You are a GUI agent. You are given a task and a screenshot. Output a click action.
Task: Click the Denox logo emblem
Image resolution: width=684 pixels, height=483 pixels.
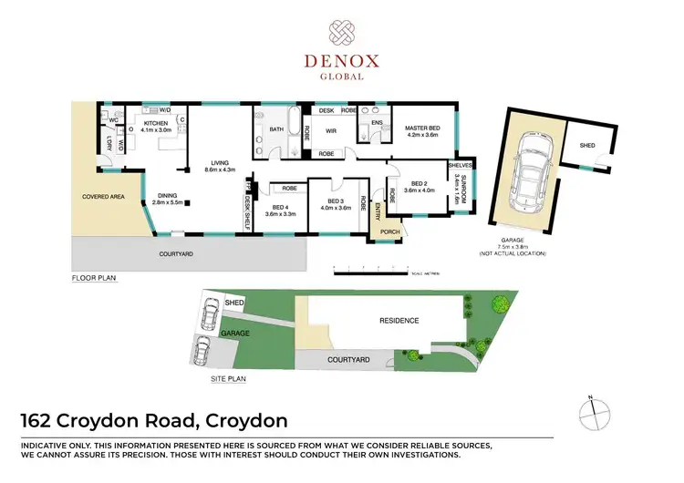[x=342, y=34]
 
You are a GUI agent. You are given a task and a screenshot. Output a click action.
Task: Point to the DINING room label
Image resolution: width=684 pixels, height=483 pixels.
[x=168, y=194]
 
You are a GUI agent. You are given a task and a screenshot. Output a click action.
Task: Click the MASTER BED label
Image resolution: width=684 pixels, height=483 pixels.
[x=422, y=128]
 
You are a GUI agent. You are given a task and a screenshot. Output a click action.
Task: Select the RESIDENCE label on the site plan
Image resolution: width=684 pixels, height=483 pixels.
[x=399, y=320]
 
